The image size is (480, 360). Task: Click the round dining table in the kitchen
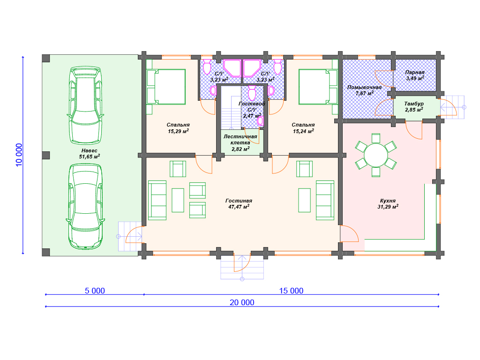coord(376,155)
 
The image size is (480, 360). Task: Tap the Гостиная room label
coord(239,201)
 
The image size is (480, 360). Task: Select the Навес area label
coord(90,150)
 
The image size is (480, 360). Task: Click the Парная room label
coord(415,73)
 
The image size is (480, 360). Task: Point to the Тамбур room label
coord(414,104)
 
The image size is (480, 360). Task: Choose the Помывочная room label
coord(364,87)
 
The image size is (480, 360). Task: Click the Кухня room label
coord(388,201)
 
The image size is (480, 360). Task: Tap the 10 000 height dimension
coord(19,155)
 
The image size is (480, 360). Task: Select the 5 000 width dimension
coord(95,291)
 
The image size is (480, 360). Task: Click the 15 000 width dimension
coord(291,291)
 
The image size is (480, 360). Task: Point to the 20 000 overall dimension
coord(242,302)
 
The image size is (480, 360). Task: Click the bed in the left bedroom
coord(166,87)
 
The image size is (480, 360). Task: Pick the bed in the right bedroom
coord(318,87)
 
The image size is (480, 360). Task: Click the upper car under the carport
coord(85,105)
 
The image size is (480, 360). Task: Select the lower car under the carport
coord(85,207)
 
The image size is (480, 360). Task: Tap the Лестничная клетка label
coord(240,140)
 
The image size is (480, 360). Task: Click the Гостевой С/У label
coord(252,106)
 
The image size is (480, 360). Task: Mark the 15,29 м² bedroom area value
coord(178,131)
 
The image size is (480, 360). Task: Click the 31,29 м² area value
coord(388,207)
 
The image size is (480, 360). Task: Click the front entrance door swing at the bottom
coord(242,262)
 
